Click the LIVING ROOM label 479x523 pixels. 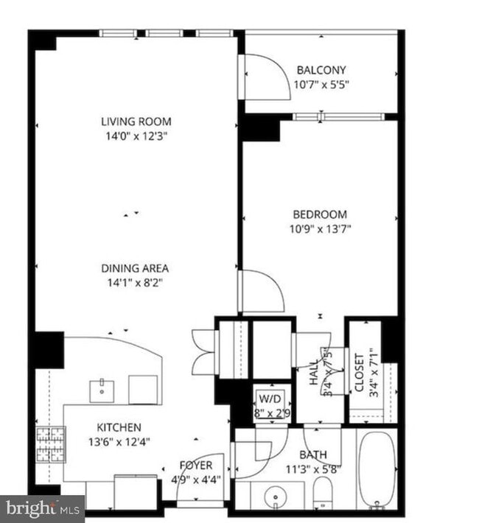pos(136,122)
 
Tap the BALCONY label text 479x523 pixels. pos(321,71)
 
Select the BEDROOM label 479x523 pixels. pos(318,215)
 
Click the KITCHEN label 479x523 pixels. pos(119,427)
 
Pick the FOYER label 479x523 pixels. pos(196,466)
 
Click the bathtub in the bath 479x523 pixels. pos(377,470)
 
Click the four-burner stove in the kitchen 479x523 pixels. pos(49,443)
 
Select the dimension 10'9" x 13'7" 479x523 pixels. pos(318,229)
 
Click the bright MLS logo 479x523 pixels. pos(42,508)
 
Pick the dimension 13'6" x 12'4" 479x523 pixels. pos(119,441)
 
